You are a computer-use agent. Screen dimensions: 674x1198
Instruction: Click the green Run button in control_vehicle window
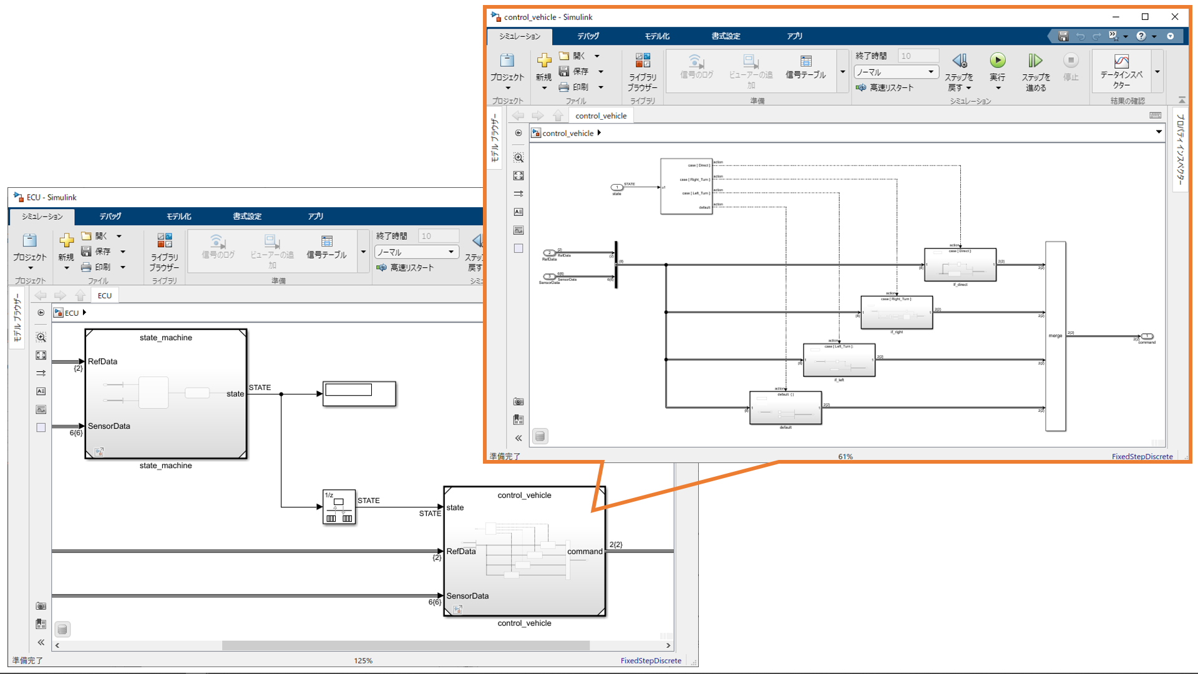pyautogui.click(x=997, y=61)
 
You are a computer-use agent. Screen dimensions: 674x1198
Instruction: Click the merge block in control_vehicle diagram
pyautogui.click(x=1055, y=336)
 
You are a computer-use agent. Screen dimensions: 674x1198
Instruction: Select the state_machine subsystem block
pyautogui.click(x=166, y=394)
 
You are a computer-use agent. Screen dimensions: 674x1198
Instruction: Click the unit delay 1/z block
pyautogui.click(x=339, y=507)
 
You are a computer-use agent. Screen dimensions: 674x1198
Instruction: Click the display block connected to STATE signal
pyautogui.click(x=359, y=394)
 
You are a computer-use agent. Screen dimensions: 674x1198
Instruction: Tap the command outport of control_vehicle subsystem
pyautogui.click(x=585, y=551)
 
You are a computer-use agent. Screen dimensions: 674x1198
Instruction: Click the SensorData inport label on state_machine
pyautogui.click(x=109, y=426)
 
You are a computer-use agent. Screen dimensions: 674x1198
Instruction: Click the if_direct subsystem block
pyautogui.click(x=960, y=265)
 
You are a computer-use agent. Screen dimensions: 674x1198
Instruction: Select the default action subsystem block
pyautogui.click(x=785, y=408)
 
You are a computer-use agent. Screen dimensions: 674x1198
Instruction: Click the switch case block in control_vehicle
pyautogui.click(x=686, y=186)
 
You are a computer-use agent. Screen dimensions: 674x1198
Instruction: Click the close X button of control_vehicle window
pyautogui.click(x=1174, y=17)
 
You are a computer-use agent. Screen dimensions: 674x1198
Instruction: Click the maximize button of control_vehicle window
pyautogui.click(x=1145, y=17)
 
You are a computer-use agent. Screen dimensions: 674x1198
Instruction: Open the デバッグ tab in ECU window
pyautogui.click(x=110, y=216)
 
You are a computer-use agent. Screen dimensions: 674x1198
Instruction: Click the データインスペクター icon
pyautogui.click(x=1121, y=62)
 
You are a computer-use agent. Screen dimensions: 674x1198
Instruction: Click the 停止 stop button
pyautogui.click(x=1071, y=61)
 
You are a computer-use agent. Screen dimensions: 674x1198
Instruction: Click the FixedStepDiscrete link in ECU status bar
pyautogui.click(x=650, y=660)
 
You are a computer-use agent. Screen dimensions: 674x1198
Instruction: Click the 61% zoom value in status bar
pyautogui.click(x=845, y=456)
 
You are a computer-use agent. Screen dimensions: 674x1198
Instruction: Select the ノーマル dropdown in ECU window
pyautogui.click(x=416, y=252)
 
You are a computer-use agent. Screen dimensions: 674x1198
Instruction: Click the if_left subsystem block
pyautogui.click(x=839, y=360)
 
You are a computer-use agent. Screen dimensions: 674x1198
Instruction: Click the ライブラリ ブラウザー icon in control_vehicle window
pyautogui.click(x=643, y=61)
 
